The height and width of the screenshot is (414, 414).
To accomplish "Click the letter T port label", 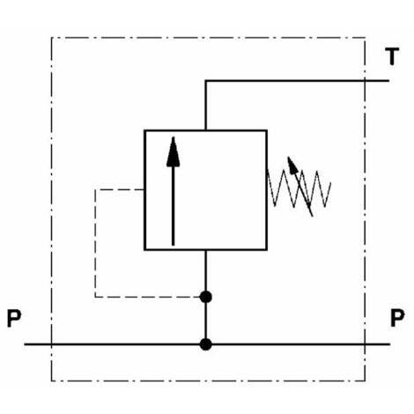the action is pos(392,56).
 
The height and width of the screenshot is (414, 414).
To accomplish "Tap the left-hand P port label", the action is pos(14,318).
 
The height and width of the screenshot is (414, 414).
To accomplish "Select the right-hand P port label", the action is pos(397,318).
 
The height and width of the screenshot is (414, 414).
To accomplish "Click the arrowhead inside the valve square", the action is pos(174,152).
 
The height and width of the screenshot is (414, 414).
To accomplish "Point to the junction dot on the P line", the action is pos(206,344).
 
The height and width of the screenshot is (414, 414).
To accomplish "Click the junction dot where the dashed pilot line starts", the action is pos(206,297).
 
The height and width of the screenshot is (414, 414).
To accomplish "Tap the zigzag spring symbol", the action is pos(299,188).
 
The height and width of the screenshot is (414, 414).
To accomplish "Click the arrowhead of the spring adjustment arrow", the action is pos(292,165).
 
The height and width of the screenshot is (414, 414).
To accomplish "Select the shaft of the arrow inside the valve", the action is pos(174,205).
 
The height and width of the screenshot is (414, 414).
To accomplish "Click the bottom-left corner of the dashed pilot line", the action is pos(95,297).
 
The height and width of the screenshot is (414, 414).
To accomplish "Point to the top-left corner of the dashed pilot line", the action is pos(95,189).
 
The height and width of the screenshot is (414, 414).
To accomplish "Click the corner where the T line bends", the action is pos(205,80).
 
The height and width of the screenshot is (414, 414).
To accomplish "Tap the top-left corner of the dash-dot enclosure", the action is pos(52,38).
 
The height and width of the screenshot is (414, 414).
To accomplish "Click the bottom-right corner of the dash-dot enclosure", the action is pos(365,381).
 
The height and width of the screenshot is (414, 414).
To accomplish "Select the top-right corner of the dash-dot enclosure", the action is pos(365,38).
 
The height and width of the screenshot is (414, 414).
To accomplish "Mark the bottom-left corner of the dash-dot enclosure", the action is pos(52,381).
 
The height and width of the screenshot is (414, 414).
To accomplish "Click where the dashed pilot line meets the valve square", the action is pos(144,189).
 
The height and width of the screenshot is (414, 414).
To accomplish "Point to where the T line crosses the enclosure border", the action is pos(365,80).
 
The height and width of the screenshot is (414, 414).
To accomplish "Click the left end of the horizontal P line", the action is pos(25,344).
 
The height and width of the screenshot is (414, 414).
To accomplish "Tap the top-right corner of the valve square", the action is pos(267,130).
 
